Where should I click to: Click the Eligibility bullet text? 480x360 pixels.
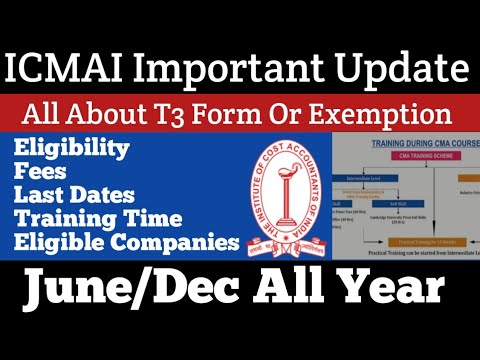(72, 150)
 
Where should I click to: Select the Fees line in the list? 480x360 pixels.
(41, 173)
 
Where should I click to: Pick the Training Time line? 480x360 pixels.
(98, 219)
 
